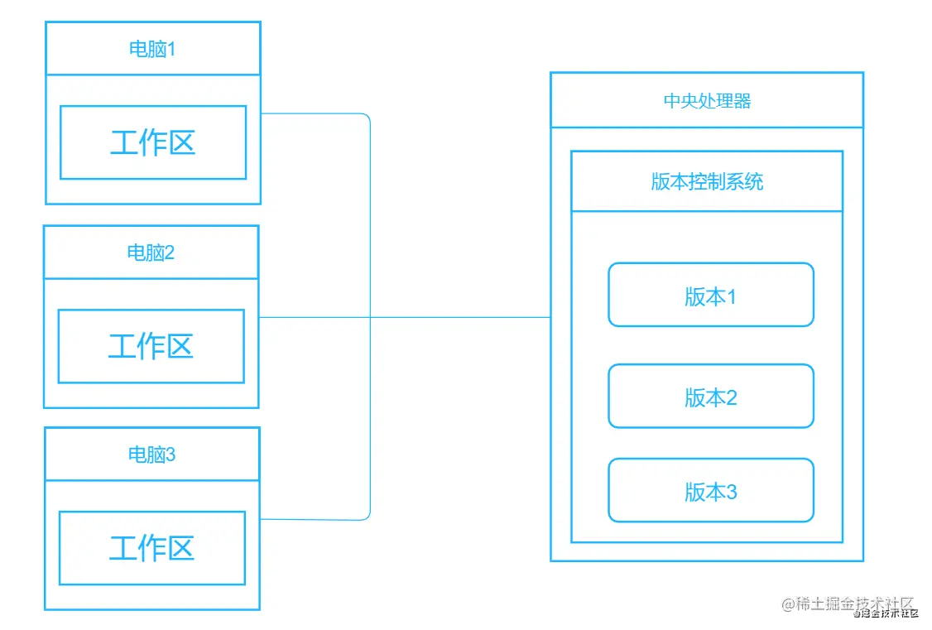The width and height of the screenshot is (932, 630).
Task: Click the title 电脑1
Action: pos(152,49)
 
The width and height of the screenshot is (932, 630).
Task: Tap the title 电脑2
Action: pos(151,252)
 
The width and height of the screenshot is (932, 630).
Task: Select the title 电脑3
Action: pos(151,454)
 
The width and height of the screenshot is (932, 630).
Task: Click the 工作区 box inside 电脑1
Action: pos(153,142)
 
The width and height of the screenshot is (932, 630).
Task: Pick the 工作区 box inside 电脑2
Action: pos(151,346)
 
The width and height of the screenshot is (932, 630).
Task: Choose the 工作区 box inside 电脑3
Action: pos(152,548)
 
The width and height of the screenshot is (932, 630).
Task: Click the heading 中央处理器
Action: pos(707,101)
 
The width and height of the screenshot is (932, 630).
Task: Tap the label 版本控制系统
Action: pos(707,182)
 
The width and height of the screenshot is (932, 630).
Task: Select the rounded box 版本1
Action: pos(710,296)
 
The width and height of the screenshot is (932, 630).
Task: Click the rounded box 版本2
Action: pos(710,397)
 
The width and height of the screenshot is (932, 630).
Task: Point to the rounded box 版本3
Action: pos(710,491)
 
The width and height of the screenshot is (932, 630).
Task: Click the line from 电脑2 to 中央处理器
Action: pos(464,317)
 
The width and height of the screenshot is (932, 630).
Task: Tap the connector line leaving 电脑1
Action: pos(315,113)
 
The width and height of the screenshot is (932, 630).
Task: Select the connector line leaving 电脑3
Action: pos(315,519)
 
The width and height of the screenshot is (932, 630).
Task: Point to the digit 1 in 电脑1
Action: pos(172,49)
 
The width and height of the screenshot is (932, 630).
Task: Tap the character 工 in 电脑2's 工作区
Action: pos(122,346)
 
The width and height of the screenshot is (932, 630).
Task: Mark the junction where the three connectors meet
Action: pos(370,317)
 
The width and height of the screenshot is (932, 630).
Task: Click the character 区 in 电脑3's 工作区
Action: pos(181,548)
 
